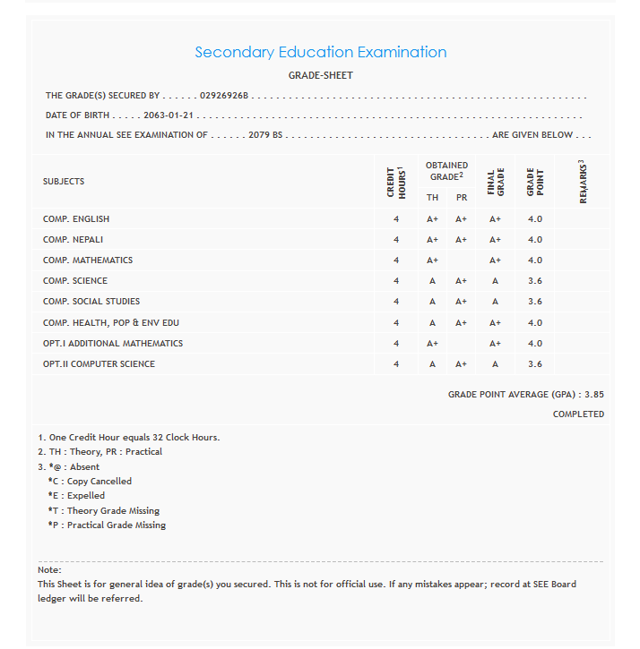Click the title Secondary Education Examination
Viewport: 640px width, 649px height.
320,52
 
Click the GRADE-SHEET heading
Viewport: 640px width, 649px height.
320,75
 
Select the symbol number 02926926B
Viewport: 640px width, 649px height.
224,95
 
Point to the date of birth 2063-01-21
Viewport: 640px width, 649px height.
169,115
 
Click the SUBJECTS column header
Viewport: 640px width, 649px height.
64,182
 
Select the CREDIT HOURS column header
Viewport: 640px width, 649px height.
395,182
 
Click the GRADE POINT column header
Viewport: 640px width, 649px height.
535,182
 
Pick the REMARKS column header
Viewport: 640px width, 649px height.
583,182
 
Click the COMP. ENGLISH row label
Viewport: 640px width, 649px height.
76,219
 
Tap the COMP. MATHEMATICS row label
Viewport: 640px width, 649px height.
88,260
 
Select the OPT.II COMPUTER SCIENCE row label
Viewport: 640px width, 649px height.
99,364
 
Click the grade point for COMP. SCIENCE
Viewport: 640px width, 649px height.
535,281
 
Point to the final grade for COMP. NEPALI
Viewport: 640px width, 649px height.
495,240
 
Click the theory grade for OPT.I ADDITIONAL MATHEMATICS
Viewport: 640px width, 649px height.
432,344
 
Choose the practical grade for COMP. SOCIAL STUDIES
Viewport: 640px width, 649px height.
461,302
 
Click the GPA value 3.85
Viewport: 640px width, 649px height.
594,394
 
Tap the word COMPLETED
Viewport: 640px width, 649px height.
578,414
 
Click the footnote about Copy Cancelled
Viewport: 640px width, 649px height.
90,482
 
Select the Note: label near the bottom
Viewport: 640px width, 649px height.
49,570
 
